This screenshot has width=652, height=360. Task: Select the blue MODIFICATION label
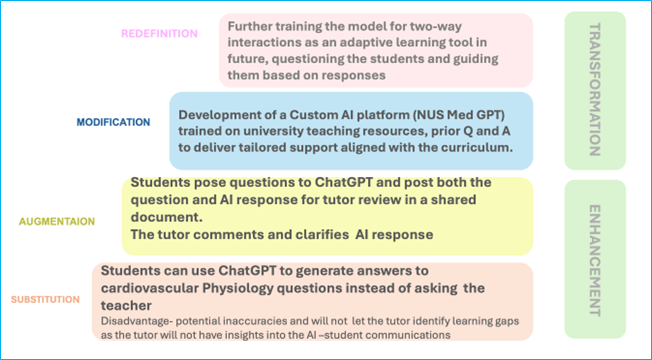113,122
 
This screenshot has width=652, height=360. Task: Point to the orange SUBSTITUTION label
44,299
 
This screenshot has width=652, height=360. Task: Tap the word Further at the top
253,24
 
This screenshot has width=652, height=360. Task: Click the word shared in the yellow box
487,199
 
